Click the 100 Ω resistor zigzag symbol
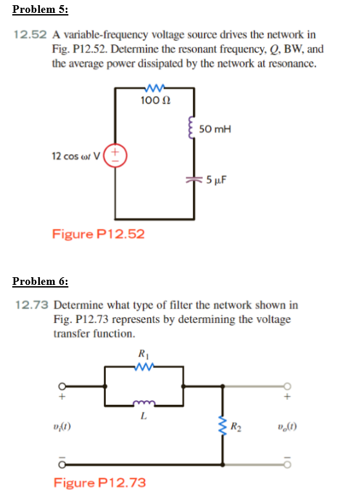[155, 87]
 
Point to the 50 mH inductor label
[215, 129]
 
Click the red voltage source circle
[115, 155]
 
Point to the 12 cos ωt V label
[77, 155]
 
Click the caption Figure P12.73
[99, 482]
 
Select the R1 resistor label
[142, 353]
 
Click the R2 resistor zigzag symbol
[223, 426]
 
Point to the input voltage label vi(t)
[63, 426]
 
